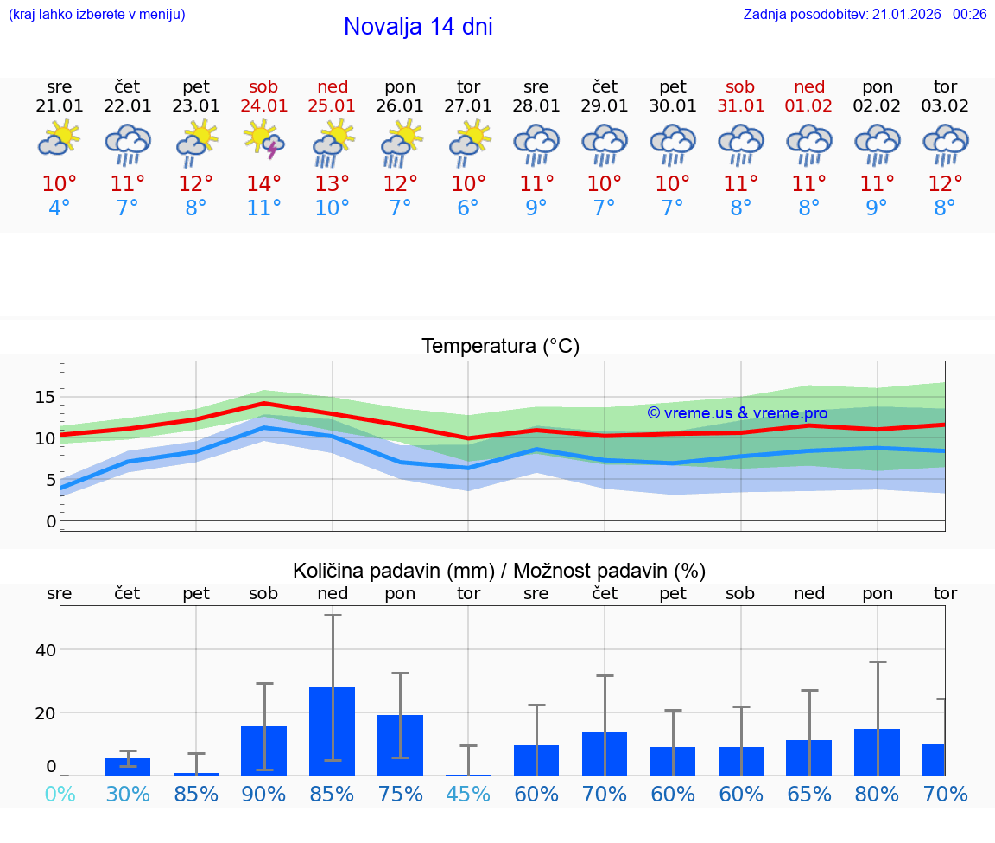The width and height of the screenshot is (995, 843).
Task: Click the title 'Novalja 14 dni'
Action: (418, 27)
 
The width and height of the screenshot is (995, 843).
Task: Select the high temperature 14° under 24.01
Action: (264, 183)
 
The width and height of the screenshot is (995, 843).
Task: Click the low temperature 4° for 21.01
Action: (60, 208)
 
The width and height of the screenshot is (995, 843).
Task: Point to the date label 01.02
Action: (809, 106)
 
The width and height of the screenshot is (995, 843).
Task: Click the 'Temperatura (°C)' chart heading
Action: (500, 347)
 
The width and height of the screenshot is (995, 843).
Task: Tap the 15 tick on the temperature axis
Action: (45, 397)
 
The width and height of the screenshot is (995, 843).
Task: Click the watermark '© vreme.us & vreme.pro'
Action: (738, 413)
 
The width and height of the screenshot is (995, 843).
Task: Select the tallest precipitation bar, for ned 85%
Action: (333, 731)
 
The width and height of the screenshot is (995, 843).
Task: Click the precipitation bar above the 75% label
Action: (400, 744)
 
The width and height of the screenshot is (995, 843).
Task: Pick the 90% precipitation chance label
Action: (264, 795)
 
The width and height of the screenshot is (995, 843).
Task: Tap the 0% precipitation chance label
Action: (60, 795)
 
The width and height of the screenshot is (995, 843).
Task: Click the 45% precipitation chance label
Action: (468, 795)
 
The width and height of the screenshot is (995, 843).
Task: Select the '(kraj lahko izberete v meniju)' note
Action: (97, 15)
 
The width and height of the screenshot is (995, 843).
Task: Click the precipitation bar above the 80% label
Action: (877, 751)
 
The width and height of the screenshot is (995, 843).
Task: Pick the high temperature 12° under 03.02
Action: (945, 183)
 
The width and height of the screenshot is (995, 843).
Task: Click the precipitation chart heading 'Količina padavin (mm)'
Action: (393, 571)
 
